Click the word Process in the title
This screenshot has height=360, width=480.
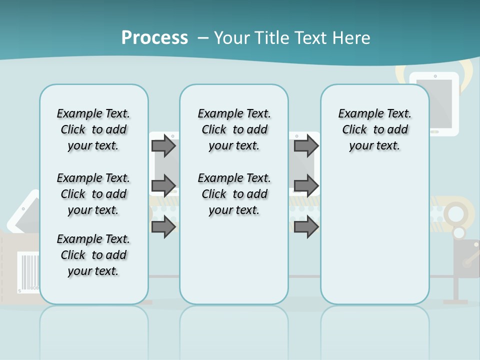154,37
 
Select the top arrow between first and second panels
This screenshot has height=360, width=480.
163,145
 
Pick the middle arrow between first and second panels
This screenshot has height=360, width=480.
163,185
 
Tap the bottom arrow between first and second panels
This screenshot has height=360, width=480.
163,226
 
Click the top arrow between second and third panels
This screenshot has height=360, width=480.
306,145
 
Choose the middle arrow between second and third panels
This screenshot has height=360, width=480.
306,185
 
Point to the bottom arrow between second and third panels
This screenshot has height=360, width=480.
306,226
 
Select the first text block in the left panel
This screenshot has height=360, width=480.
93,129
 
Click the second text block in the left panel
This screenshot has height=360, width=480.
93,194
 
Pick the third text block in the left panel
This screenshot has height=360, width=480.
93,255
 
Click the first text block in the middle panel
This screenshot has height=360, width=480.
234,129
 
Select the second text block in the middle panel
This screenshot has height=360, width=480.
234,194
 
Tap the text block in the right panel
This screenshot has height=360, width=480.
375,129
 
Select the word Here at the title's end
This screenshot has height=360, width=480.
352,38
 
